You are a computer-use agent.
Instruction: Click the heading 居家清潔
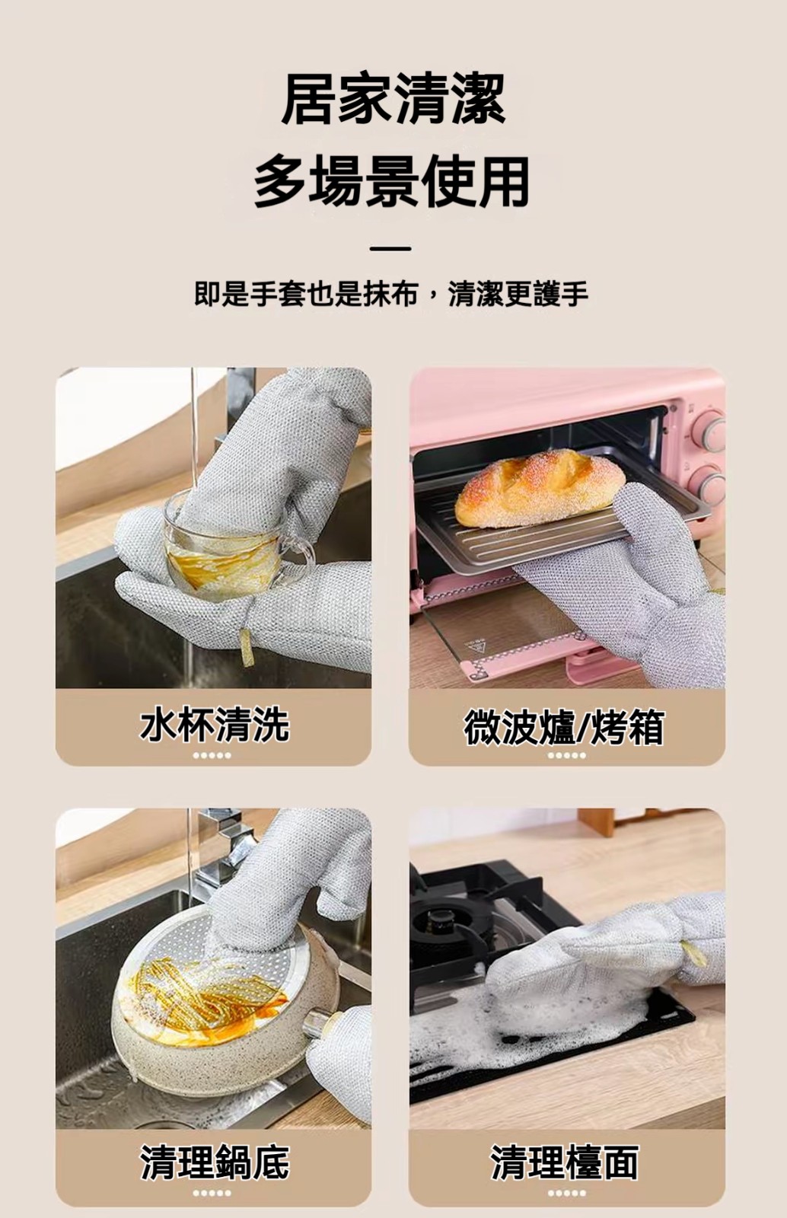click(x=393, y=100)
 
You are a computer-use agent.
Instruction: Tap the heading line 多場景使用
click(x=393, y=181)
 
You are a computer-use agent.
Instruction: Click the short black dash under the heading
click(x=390, y=248)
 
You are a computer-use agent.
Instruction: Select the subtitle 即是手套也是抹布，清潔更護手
click(x=391, y=294)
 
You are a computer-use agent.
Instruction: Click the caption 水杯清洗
click(x=214, y=725)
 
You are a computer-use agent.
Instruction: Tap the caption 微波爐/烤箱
click(x=564, y=727)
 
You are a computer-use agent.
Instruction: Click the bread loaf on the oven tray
click(x=539, y=489)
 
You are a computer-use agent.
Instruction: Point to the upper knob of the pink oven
click(x=710, y=431)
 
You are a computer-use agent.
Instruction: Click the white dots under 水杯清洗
click(x=212, y=755)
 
